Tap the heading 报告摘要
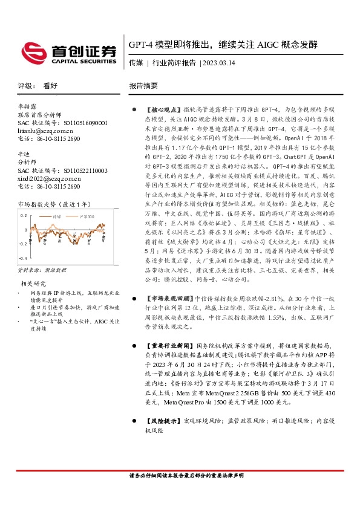tap(143, 86)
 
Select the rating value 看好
tap(50, 86)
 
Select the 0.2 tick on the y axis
tap(24, 215)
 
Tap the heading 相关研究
tap(34, 282)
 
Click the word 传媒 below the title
tap(136, 62)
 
